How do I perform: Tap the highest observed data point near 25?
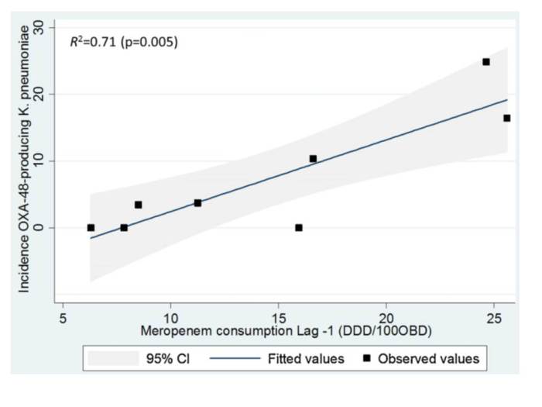(486, 62)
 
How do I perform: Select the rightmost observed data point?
(506, 118)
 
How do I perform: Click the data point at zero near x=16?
(299, 228)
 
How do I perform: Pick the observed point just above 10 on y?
(313, 159)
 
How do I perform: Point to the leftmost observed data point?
(91, 228)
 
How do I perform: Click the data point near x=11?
(197, 203)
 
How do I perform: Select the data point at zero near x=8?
(124, 228)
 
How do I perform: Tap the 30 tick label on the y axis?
(50, 28)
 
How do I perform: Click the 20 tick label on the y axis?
(50, 95)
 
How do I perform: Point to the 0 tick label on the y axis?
(50, 228)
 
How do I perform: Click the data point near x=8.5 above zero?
(138, 205)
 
